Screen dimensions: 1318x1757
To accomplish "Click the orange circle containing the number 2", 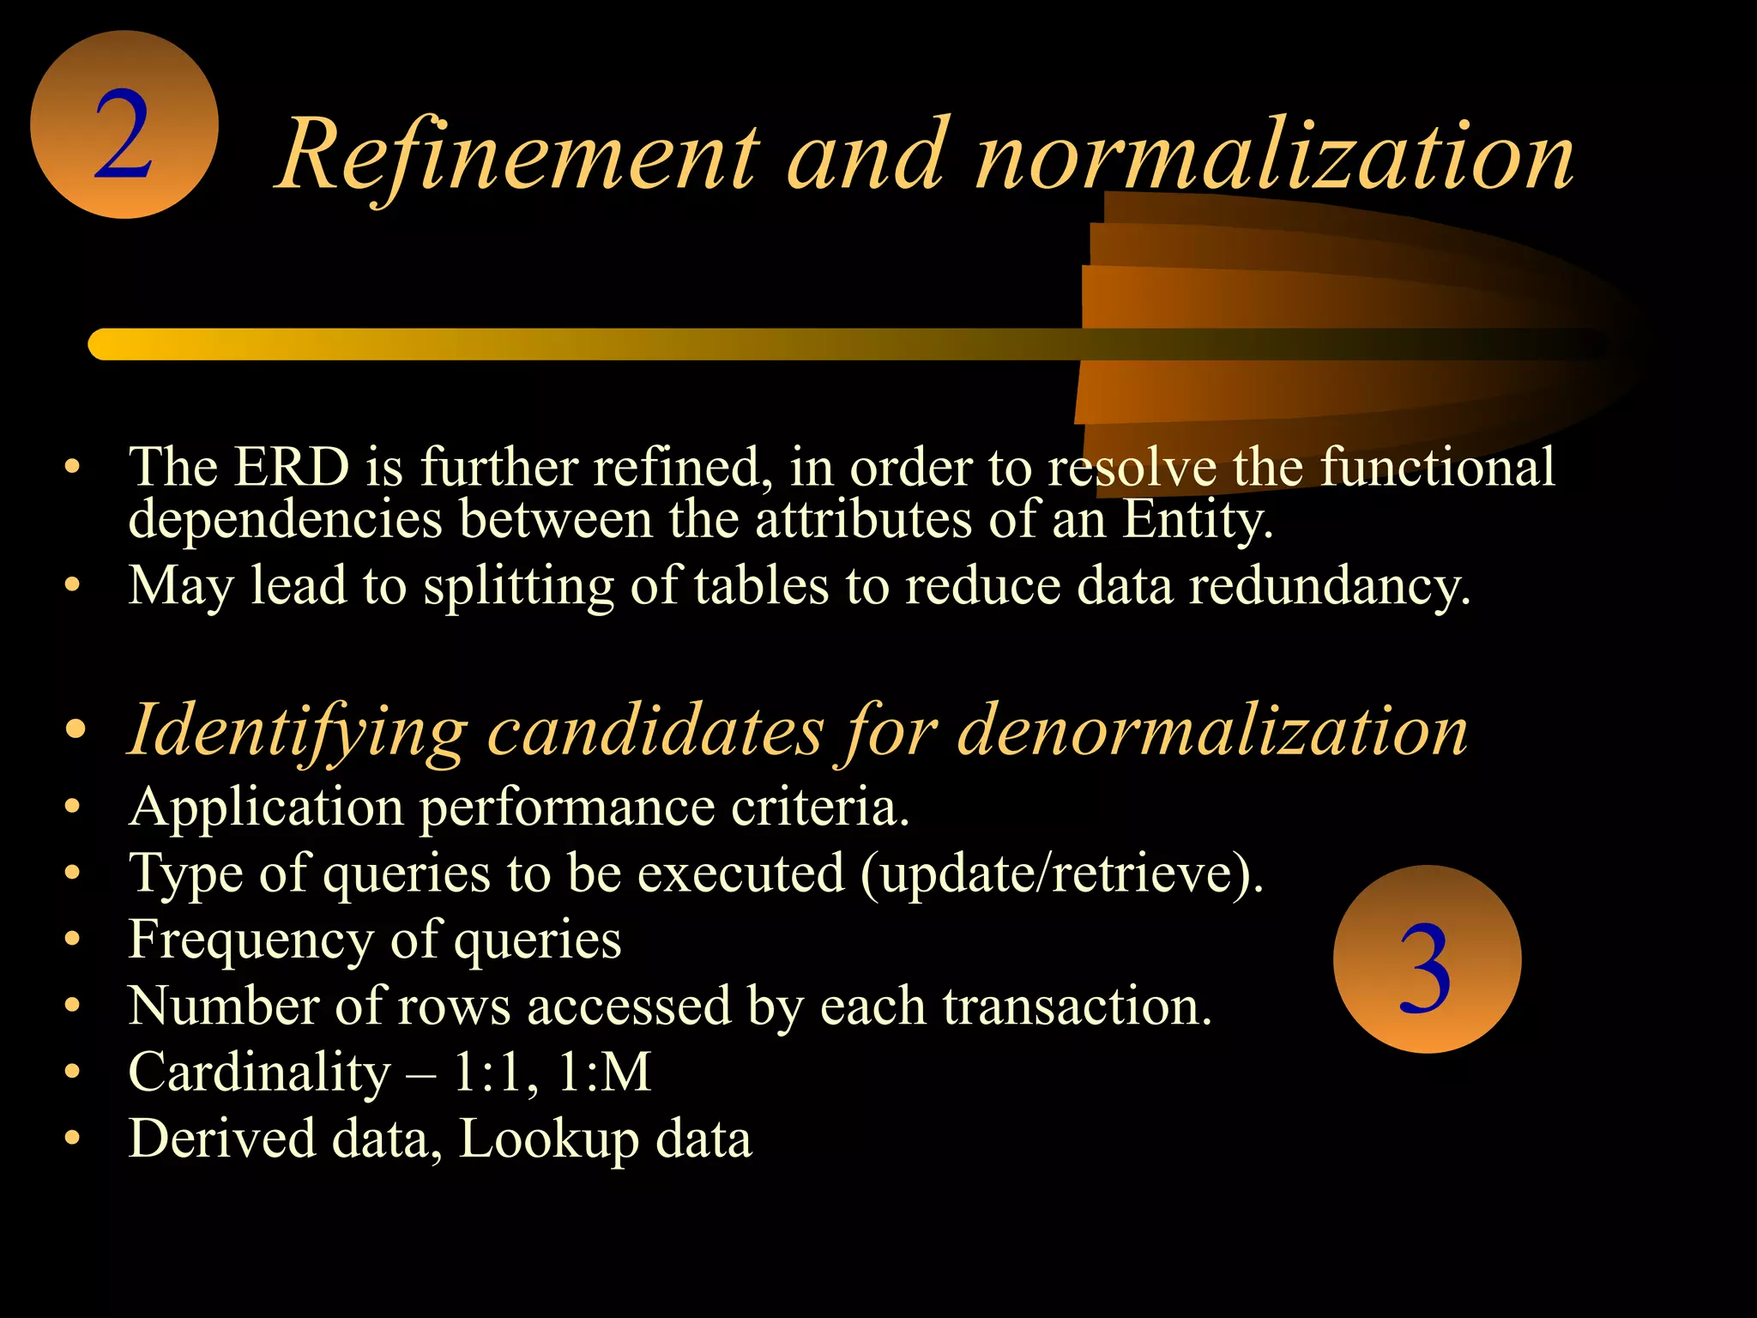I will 124,125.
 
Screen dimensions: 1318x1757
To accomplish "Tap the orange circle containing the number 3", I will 1427,959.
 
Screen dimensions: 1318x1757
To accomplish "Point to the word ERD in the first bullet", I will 292,468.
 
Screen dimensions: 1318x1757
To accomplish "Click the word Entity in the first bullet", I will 1197,520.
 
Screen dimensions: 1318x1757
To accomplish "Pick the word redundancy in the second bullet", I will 1329,586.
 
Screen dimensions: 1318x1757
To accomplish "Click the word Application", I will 266,808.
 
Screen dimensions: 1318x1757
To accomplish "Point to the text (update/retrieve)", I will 1061,874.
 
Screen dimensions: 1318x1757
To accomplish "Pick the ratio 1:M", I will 605,1073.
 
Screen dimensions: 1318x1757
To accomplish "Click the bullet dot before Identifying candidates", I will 75,730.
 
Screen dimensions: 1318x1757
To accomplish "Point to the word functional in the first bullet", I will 1437,468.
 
